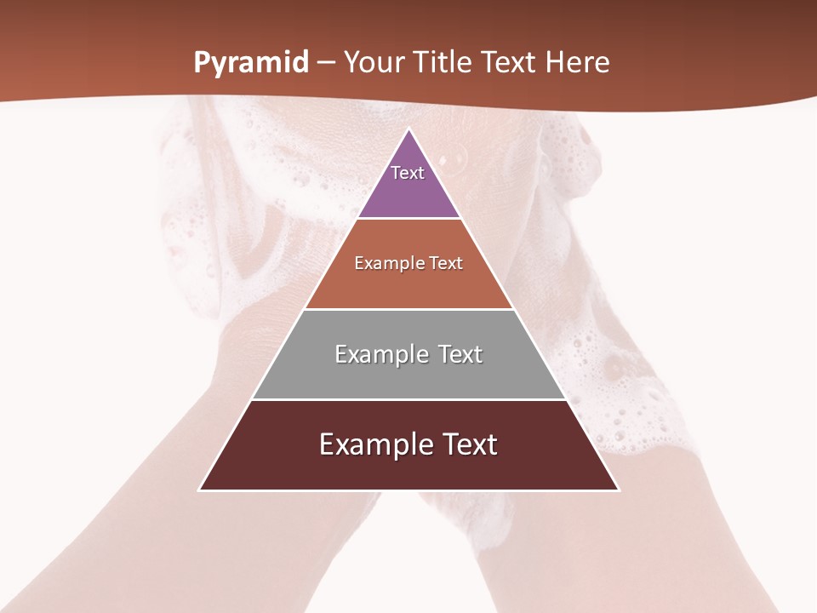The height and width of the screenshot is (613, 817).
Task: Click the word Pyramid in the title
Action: tap(251, 63)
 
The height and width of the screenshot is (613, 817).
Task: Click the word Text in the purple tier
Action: tap(408, 173)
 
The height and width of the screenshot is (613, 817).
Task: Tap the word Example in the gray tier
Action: tap(380, 354)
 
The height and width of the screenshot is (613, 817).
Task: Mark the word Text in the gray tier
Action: tap(460, 354)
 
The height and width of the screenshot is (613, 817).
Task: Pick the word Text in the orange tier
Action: tap(446, 264)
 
